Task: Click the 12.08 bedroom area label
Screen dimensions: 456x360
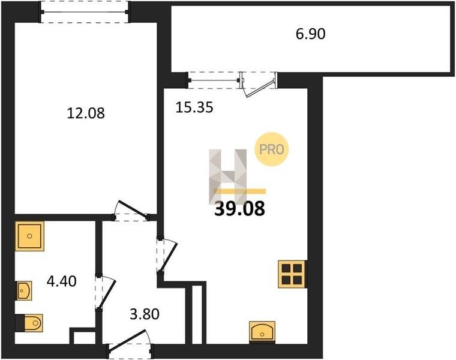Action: (x=86, y=113)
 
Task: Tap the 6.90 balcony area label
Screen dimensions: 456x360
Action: (x=311, y=34)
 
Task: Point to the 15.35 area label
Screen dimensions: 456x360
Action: (x=194, y=107)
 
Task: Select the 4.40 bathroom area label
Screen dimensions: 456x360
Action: (x=62, y=281)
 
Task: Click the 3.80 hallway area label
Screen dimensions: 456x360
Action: (x=145, y=314)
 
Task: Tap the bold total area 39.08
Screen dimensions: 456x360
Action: (x=239, y=209)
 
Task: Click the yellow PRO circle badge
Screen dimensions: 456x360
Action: (x=272, y=149)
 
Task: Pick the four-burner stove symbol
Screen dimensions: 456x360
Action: (x=292, y=274)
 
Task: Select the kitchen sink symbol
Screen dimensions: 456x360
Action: (x=262, y=332)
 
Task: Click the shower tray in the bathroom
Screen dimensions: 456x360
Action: (x=29, y=236)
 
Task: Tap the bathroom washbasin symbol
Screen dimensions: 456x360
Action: (x=24, y=290)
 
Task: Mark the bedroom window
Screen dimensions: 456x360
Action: (x=85, y=12)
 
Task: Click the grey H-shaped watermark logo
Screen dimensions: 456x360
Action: (x=228, y=176)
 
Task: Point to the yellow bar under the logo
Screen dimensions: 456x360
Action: (x=239, y=191)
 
